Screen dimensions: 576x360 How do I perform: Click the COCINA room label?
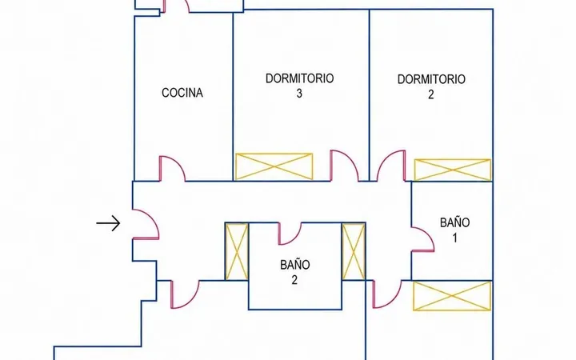(182, 93)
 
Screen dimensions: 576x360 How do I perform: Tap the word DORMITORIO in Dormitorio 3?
(299, 78)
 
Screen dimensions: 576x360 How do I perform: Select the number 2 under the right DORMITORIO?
(431, 94)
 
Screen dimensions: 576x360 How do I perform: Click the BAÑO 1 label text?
(454, 230)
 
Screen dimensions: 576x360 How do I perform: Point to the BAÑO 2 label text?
(294, 272)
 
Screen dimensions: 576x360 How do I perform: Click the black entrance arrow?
(108, 223)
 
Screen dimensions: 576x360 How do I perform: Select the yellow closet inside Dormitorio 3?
(274, 166)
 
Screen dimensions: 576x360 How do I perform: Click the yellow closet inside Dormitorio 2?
(453, 170)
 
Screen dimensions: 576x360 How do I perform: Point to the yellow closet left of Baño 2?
(237, 252)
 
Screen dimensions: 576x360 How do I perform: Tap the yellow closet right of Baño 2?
(354, 252)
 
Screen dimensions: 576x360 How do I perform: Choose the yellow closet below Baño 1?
(452, 296)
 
